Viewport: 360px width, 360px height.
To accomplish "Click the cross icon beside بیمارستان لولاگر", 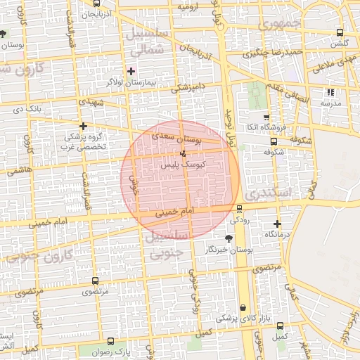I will (x=131, y=71).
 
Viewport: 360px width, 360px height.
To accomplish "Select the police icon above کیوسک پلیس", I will (x=184, y=153).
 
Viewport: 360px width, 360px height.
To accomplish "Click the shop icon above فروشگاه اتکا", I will (x=266, y=117).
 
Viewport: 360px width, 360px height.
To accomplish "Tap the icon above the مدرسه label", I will (x=330, y=92).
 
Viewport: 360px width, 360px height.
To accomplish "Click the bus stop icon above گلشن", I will (x=340, y=32).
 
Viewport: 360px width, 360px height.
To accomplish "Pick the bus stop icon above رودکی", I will (x=240, y=208).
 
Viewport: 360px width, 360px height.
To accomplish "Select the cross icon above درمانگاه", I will (x=277, y=223).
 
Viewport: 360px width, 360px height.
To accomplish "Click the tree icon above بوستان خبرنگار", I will (x=228, y=239).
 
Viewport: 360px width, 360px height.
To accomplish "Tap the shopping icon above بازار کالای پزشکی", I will (x=243, y=307).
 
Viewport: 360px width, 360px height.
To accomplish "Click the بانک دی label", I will (x=29, y=109).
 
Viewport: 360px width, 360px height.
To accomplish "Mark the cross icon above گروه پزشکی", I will (x=84, y=127).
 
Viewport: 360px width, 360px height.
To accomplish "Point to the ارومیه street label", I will (x=188, y=6).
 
